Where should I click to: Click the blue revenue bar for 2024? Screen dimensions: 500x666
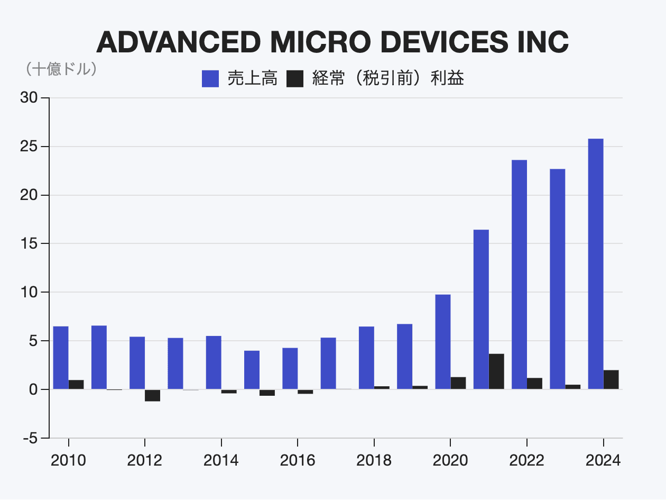pyautogui.click(x=596, y=264)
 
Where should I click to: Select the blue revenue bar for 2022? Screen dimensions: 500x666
pyautogui.click(x=519, y=275)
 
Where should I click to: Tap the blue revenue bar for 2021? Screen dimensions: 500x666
pyautogui.click(x=481, y=310)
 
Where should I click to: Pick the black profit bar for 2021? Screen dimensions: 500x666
pyautogui.click(x=496, y=371)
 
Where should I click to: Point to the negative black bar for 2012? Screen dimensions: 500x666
pyautogui.click(x=152, y=395)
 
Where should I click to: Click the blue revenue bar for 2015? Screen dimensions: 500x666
pyautogui.click(x=252, y=370)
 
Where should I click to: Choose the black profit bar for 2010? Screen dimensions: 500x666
pyautogui.click(x=76, y=385)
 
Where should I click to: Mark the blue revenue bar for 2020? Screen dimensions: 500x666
pyautogui.click(x=443, y=342)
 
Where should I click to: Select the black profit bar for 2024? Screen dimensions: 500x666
pyautogui.click(x=611, y=379)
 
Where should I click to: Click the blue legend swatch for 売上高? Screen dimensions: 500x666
pyautogui.click(x=210, y=79)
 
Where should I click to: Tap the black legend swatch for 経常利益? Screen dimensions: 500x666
pyautogui.click(x=295, y=79)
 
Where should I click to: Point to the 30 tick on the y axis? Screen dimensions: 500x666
pyautogui.click(x=29, y=98)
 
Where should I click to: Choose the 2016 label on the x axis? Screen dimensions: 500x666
pyautogui.click(x=298, y=460)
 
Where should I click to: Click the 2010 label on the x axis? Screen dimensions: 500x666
pyautogui.click(x=68, y=460)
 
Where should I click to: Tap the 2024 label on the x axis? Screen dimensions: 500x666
pyautogui.click(x=603, y=460)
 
